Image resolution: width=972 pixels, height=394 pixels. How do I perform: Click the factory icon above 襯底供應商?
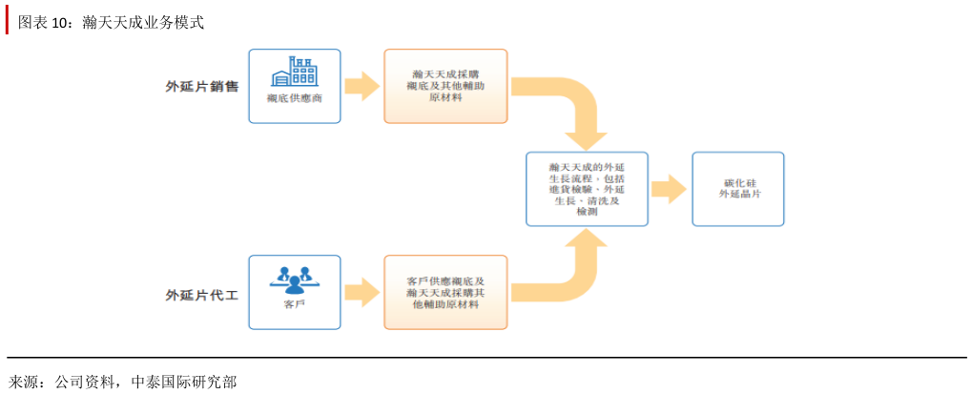pyautogui.click(x=295, y=72)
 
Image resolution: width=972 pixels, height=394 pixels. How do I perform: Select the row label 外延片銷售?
pyautogui.click(x=201, y=87)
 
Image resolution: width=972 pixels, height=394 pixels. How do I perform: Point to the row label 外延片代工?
pyautogui.click(x=201, y=296)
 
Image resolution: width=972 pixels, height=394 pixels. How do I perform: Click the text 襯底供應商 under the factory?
pyautogui.click(x=295, y=99)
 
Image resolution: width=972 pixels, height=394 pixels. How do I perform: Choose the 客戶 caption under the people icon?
pyautogui.click(x=295, y=305)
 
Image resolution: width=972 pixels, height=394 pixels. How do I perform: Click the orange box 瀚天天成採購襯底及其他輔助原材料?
pyautogui.click(x=445, y=86)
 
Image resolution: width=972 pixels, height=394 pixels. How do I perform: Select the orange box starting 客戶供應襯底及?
pyautogui.click(x=445, y=293)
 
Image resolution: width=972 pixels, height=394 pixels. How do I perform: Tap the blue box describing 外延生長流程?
pyautogui.click(x=587, y=189)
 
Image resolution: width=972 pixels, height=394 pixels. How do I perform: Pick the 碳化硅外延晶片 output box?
pyautogui.click(x=738, y=189)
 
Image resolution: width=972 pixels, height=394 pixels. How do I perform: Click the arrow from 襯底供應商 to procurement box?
pyautogui.click(x=362, y=86)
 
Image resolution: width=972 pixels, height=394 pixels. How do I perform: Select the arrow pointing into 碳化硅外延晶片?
pyautogui.click(x=669, y=189)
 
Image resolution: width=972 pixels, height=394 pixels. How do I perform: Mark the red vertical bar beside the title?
pyautogui.click(x=7, y=22)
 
